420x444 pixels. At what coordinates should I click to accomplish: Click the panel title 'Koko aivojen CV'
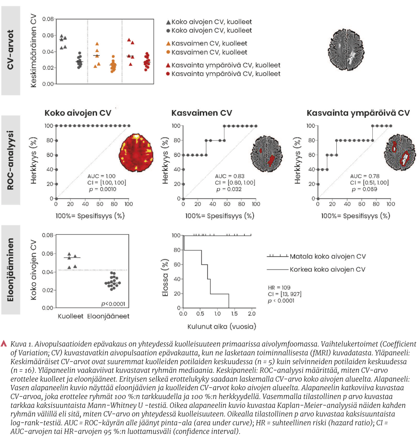click(78, 113)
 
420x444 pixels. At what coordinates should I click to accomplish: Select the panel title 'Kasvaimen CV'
click(202, 113)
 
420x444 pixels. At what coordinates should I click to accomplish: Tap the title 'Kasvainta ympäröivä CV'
click(358, 113)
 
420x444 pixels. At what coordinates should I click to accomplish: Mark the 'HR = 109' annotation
click(277, 287)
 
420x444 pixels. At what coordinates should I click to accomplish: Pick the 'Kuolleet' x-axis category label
click(71, 316)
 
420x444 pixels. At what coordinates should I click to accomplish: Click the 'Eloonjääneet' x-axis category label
click(108, 316)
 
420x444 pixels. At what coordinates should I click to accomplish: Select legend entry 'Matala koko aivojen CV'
click(328, 257)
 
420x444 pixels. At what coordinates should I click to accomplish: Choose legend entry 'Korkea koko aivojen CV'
click(328, 269)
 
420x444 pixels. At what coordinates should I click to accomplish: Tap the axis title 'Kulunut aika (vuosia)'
click(218, 325)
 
